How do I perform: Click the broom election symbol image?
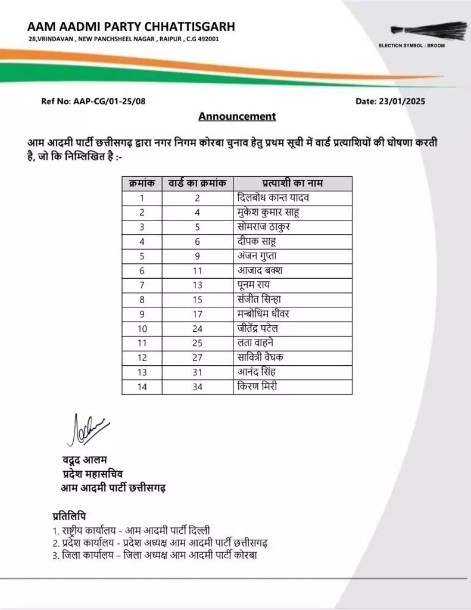(429, 30)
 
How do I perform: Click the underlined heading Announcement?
(237, 116)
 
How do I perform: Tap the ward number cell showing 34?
(197, 387)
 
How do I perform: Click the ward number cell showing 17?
(197, 314)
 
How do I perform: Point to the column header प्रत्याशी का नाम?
(292, 183)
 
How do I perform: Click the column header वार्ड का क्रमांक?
(197, 183)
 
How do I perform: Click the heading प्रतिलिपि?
(69, 515)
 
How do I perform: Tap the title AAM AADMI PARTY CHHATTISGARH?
(131, 26)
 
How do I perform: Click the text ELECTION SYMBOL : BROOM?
(411, 46)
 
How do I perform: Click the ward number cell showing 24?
(197, 328)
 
